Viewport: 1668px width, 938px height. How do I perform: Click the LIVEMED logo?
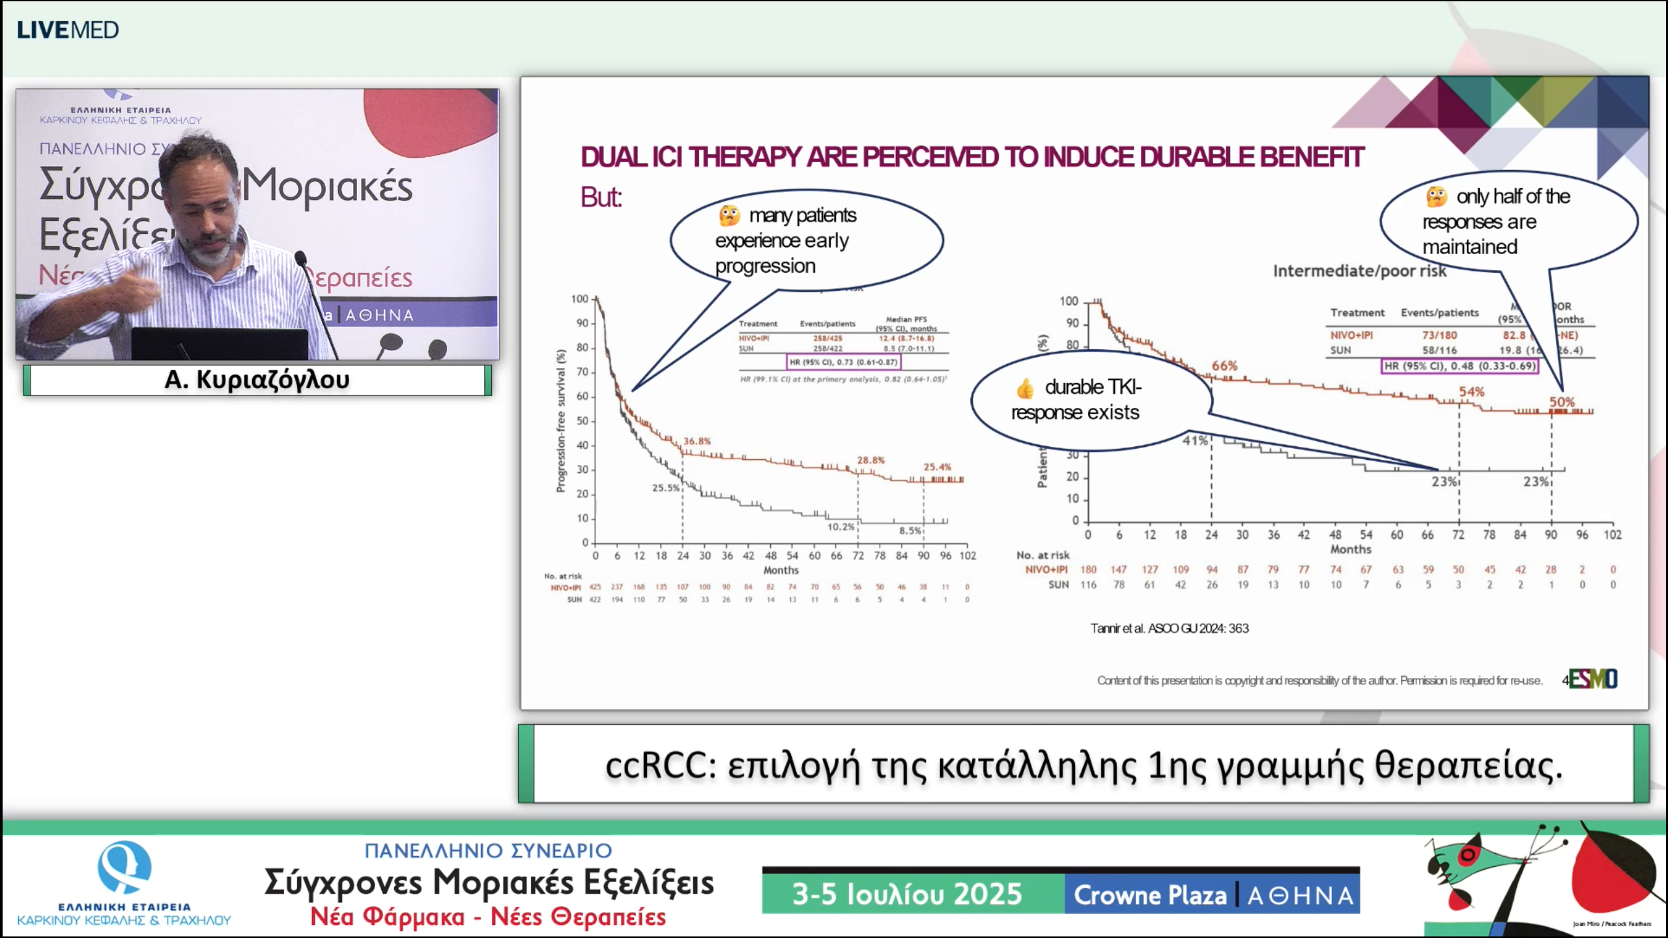68,30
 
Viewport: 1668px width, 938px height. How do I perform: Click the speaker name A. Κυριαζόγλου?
257,380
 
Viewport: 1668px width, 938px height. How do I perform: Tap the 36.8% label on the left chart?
697,441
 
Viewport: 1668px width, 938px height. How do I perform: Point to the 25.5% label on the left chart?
665,487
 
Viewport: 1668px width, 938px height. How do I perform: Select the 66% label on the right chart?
1224,366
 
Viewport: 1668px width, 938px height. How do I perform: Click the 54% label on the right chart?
1471,391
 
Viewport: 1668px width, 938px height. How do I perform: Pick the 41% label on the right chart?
1195,440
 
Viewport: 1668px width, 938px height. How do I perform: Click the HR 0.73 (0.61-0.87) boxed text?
843,362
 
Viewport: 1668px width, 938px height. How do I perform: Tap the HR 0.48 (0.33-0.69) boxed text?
1459,366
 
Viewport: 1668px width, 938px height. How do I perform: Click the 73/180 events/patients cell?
1439,335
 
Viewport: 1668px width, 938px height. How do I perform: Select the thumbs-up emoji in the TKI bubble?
1025,388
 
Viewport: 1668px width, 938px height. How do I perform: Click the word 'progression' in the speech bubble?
765,266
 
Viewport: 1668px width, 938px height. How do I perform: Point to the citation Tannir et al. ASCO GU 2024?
1169,629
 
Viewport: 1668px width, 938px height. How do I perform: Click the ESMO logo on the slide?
1592,679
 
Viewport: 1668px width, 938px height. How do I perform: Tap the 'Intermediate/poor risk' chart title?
1359,271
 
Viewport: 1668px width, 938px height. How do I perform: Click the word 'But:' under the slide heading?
601,197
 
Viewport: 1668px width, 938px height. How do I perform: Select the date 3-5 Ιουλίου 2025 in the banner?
906,894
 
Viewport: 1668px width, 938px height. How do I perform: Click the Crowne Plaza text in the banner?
1149,895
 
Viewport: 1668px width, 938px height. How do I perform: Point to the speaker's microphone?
300,259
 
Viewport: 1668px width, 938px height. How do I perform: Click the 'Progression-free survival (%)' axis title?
560,421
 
